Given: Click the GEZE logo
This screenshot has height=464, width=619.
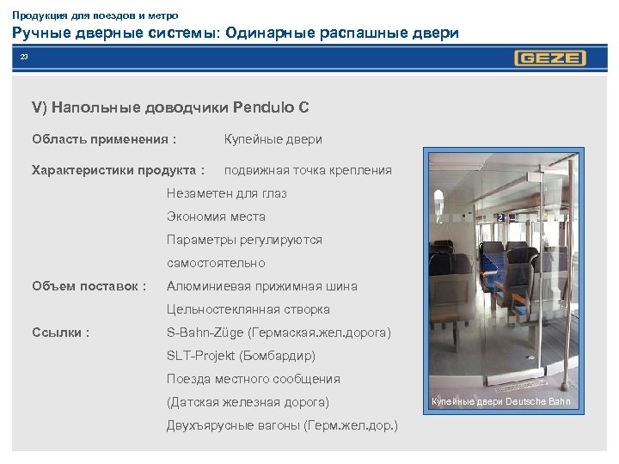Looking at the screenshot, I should coord(550,58).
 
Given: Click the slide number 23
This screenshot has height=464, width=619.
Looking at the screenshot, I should coord(25,58).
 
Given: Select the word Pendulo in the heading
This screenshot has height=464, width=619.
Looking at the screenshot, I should coord(260,108).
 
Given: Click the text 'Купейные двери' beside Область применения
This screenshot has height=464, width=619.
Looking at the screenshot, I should coord(273,138).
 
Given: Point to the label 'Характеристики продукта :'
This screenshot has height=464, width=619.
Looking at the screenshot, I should coord(118,170).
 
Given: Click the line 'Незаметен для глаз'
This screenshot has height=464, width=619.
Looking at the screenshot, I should coord(226,193).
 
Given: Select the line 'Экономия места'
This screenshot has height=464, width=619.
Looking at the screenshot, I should coord(216,217).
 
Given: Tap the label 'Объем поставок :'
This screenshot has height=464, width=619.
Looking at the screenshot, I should coord(89,286).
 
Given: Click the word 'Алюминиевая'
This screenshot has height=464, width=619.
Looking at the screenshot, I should coord(207,286).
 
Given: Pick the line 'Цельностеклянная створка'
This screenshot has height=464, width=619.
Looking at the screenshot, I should coord(248,309).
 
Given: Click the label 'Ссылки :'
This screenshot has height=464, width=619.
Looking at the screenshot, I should coord(61,333).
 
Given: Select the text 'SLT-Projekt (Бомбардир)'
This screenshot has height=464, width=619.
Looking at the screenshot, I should coord(241,356).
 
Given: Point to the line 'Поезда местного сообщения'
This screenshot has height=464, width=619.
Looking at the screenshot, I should coord(253,379).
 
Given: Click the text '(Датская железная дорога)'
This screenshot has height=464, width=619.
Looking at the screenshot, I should coord(248,402).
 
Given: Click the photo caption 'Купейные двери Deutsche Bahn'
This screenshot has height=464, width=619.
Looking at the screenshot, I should coord(500,402).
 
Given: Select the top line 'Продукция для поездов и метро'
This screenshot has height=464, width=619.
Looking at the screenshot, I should coord(95,15).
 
